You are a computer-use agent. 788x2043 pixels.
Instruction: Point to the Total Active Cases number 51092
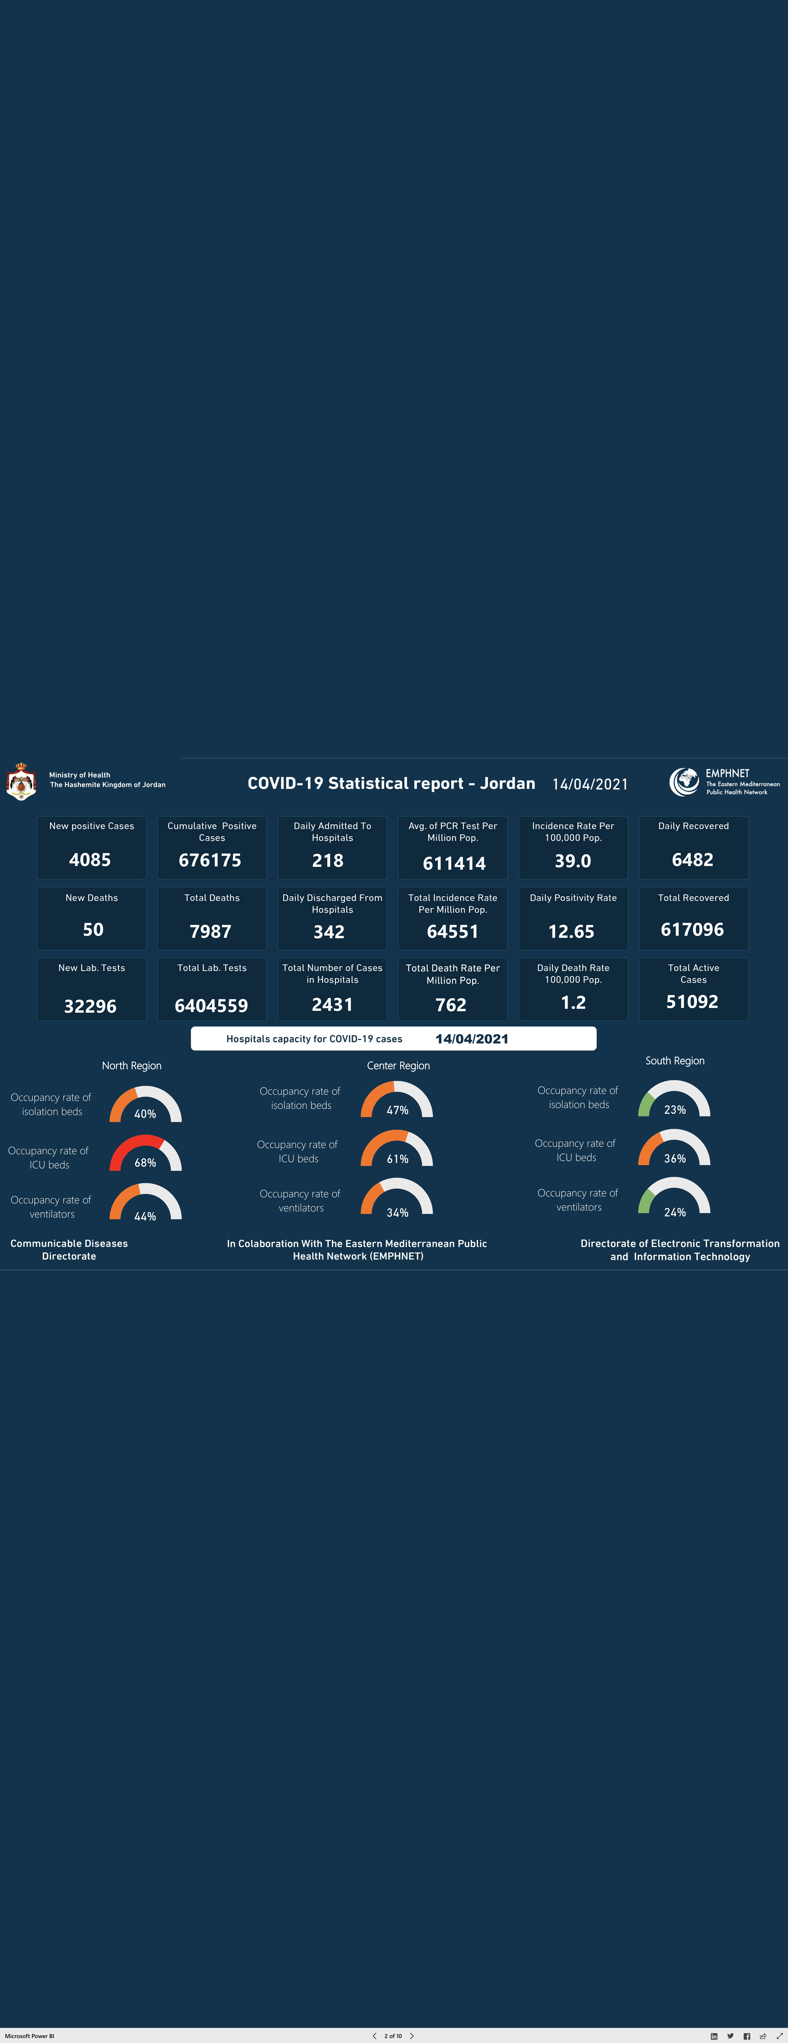pos(692,1002)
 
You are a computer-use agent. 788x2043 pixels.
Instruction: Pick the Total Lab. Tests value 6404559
pos(211,1006)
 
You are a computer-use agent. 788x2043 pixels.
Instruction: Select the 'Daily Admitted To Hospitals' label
pos(332,831)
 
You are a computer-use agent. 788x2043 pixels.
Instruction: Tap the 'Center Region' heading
pos(398,1066)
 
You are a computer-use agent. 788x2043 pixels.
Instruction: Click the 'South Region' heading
pos(675,1060)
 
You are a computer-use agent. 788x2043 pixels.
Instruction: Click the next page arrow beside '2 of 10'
pos(412,2036)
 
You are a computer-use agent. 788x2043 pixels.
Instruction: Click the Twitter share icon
pos(730,2036)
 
